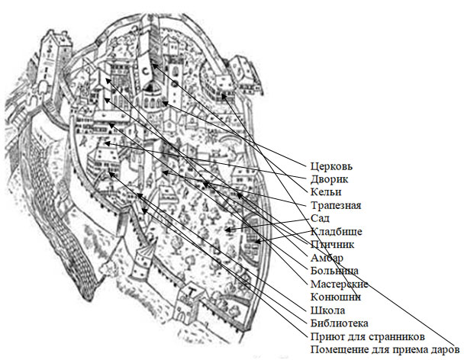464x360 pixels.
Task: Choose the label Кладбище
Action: click(x=336, y=231)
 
